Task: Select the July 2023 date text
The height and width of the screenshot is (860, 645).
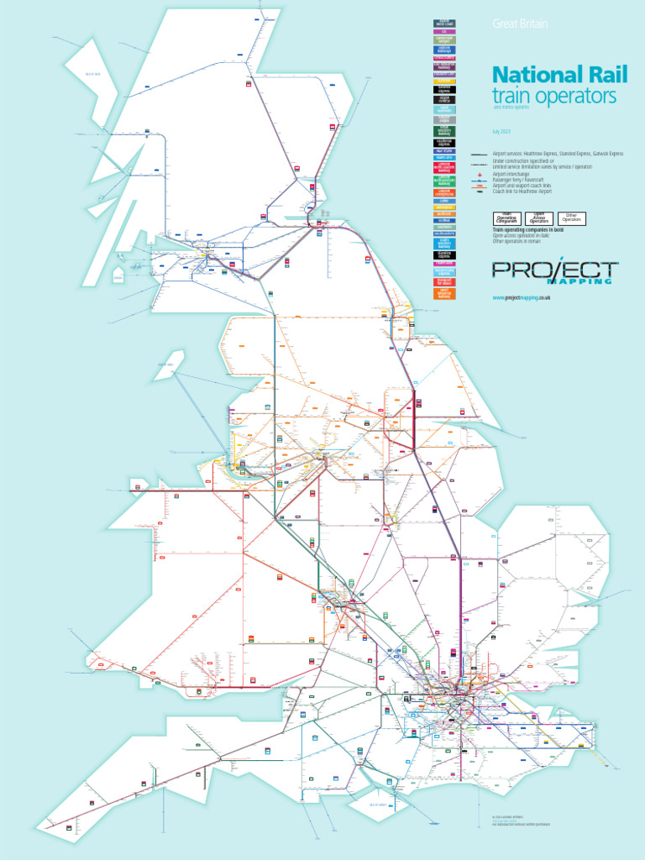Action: click(501, 133)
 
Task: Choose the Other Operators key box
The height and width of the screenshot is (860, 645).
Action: click(572, 218)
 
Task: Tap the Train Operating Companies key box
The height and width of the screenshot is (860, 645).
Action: click(508, 218)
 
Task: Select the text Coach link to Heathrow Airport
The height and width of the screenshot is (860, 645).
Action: click(529, 192)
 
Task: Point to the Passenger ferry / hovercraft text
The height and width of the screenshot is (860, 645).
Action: click(525, 180)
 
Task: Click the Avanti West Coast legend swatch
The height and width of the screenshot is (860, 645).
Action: click(444, 23)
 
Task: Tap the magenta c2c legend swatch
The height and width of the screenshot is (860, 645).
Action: click(444, 31)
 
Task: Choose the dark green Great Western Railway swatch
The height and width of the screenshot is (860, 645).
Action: click(444, 131)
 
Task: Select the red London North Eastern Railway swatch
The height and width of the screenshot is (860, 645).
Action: click(444, 168)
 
